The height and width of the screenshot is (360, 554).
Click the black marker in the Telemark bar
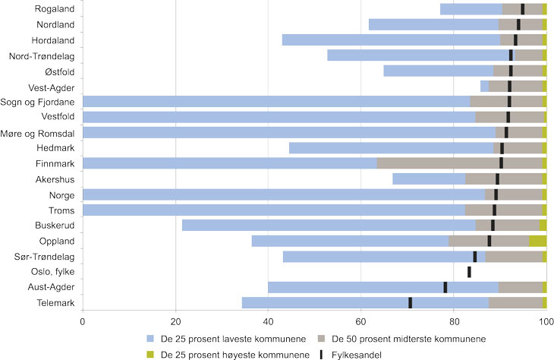(x=411, y=302)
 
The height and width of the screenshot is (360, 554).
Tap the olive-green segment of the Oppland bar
(x=537, y=241)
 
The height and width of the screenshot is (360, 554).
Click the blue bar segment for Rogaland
(x=471, y=9)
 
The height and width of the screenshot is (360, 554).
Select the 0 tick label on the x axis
(x=82, y=321)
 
